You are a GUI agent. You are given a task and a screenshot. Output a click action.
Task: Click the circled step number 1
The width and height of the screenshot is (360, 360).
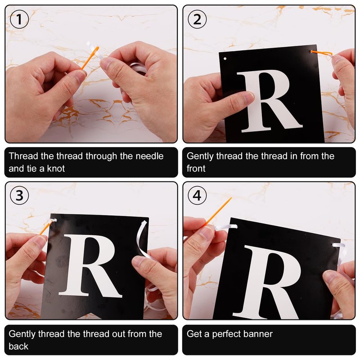(19, 19)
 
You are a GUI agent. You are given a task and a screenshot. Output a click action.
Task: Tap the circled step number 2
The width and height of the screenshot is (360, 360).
(197, 19)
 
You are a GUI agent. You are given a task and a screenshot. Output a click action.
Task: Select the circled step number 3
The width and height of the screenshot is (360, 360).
(19, 195)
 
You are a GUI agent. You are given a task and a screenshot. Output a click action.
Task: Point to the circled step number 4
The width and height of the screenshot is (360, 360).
(197, 195)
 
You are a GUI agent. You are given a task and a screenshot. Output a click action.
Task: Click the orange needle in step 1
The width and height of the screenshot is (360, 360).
(90, 58)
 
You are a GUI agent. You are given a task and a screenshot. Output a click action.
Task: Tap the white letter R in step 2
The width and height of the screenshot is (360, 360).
(270, 101)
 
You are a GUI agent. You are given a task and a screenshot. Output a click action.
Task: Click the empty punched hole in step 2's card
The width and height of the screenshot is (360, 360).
(225, 59)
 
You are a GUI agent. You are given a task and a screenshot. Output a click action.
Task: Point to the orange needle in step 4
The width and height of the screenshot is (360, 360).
(218, 211)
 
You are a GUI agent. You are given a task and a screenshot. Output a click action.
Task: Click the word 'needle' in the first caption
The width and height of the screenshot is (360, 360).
(149, 156)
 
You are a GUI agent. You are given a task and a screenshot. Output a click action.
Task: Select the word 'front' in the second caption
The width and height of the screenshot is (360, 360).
(196, 168)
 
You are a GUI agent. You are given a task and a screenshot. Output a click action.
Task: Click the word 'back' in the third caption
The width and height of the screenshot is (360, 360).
(18, 346)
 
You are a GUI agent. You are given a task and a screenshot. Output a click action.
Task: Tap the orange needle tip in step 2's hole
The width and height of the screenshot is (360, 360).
(312, 51)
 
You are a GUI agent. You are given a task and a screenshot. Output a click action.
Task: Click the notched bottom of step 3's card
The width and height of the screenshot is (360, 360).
(83, 316)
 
